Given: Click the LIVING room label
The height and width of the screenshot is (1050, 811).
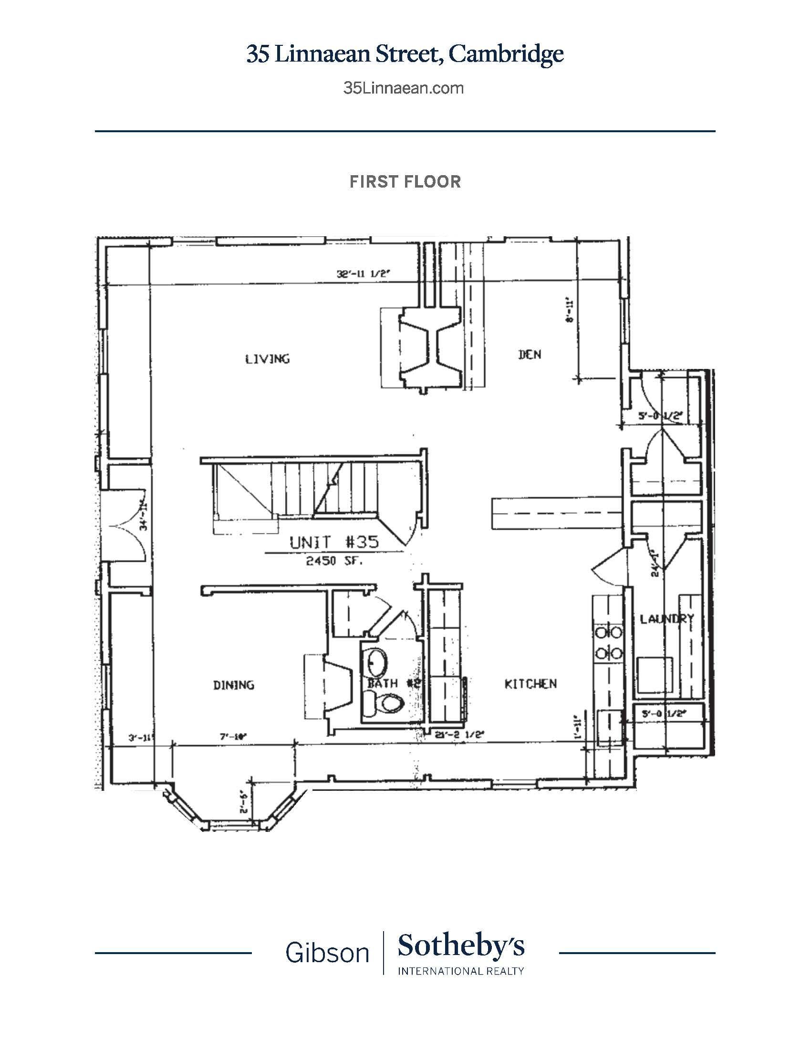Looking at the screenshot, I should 268,358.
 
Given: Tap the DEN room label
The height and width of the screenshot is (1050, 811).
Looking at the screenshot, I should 530,354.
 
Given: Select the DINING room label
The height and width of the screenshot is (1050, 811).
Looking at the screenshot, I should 233,684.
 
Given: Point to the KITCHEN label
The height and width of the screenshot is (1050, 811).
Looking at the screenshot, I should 530,683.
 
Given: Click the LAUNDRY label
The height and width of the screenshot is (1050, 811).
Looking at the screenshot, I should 666,619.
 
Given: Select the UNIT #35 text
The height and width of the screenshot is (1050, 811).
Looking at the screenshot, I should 334,542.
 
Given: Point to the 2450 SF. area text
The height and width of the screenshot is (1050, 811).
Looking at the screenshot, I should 334,561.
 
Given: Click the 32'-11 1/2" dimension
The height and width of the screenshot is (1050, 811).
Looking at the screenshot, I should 368,274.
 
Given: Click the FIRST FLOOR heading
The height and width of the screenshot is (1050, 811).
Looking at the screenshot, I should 405,182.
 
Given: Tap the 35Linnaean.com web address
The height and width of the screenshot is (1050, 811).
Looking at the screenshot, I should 404,88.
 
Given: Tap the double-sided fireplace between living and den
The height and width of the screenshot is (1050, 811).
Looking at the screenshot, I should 429,351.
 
